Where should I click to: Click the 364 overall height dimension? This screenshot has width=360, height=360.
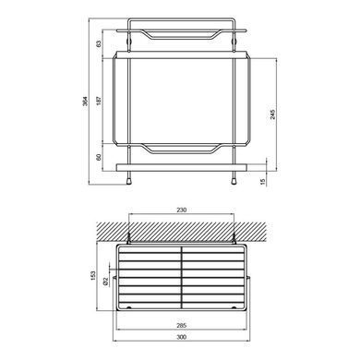(85, 102)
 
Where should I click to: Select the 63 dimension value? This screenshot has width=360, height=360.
(99, 44)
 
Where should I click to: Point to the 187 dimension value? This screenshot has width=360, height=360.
(99, 101)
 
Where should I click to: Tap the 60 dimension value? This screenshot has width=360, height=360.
(99, 157)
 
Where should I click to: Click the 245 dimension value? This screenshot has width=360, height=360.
(272, 114)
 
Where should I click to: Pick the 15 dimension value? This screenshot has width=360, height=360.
(262, 182)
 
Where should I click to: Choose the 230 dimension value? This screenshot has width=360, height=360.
(182, 210)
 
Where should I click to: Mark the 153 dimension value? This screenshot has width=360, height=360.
(93, 276)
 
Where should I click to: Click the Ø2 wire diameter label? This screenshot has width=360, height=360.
(105, 281)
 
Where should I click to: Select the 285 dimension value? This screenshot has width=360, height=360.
(182, 325)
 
